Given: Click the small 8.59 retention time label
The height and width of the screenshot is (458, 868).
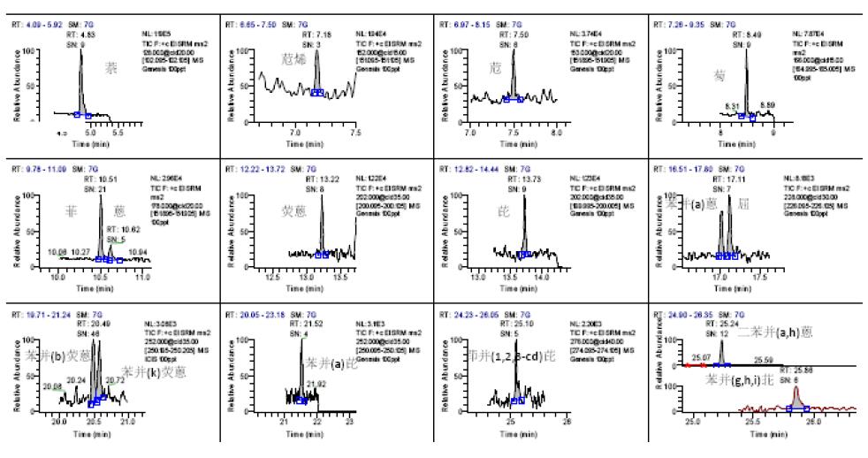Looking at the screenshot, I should click(767, 104).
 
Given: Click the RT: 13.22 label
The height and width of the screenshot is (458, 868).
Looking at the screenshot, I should click(322, 177).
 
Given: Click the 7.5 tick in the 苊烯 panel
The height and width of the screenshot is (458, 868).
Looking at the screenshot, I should click(354, 133).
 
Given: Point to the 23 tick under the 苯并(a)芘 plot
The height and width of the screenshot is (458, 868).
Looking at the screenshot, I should click(350, 423).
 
